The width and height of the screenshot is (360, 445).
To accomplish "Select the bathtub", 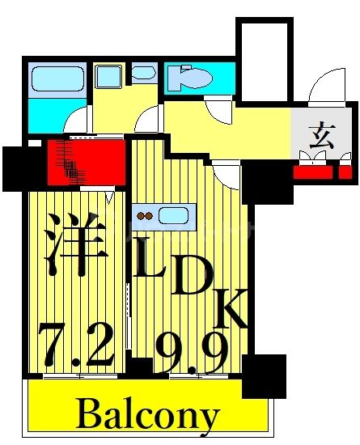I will coord(57,80).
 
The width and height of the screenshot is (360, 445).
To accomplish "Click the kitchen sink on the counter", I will coord(174,216).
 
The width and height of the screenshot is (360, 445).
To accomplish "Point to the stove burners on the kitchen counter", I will coord(146,216).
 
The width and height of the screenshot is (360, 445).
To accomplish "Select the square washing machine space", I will coord(107,77).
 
